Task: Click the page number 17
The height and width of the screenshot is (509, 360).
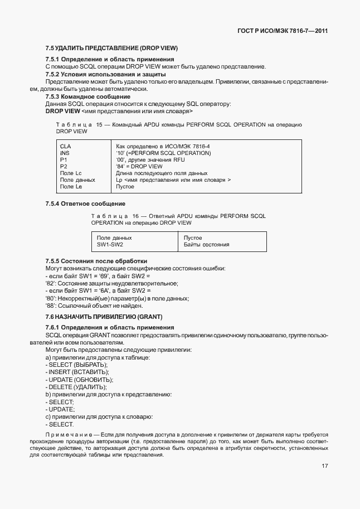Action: click(x=324, y=467)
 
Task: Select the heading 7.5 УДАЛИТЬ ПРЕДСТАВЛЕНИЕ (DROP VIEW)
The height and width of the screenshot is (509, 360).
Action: click(x=111, y=48)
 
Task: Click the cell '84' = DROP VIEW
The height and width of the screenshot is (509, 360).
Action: click(x=139, y=166)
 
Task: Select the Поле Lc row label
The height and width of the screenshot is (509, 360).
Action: click(x=71, y=173)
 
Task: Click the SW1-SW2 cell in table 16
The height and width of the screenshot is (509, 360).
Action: click(x=110, y=245)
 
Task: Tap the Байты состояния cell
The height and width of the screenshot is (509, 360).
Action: click(x=206, y=245)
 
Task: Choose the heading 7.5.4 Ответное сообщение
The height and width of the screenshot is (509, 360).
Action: click(x=85, y=203)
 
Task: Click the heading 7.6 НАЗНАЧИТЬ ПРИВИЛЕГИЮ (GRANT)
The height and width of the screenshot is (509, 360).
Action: click(x=103, y=317)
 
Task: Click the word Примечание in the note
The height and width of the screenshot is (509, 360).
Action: click(x=68, y=434)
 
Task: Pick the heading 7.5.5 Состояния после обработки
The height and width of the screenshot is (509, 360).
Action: click(x=96, y=261)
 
